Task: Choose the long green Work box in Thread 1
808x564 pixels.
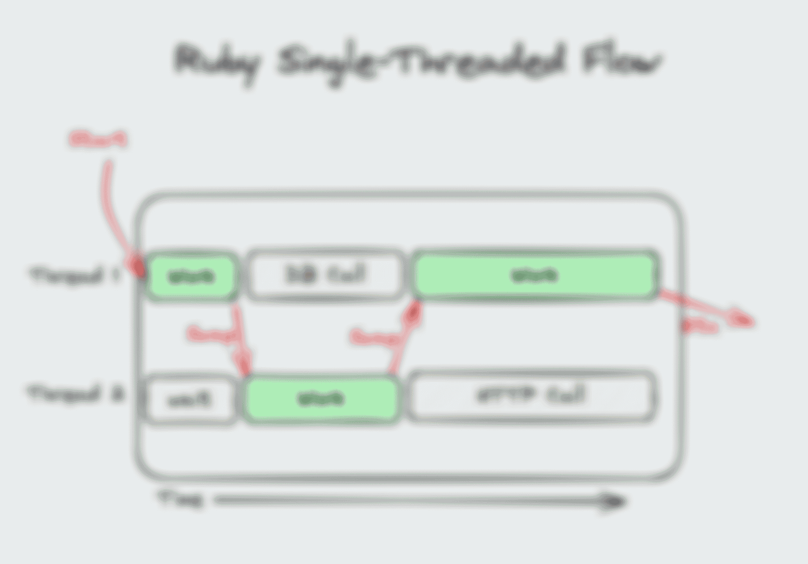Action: [534, 274]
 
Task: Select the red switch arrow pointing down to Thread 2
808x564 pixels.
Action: [241, 340]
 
